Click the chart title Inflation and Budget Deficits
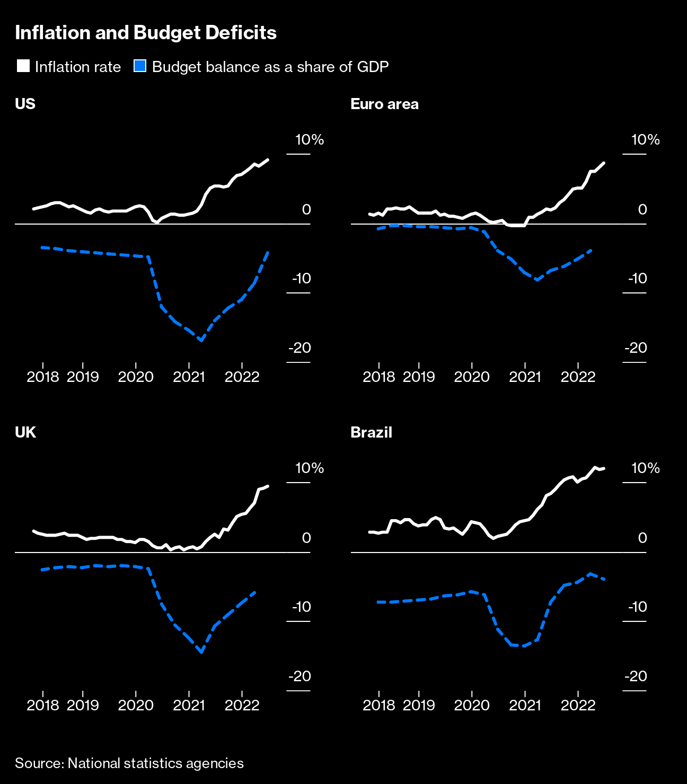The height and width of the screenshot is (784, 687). coord(146,33)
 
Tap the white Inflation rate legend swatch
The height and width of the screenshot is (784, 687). coord(23,66)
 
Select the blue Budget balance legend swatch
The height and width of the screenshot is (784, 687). coord(140,66)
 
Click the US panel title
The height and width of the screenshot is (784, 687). coord(25,104)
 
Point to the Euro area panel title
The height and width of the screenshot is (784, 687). coord(384,104)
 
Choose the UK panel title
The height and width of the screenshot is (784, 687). coord(25,432)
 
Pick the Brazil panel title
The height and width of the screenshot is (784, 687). coord(371,432)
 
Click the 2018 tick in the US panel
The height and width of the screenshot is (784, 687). coord(43,377)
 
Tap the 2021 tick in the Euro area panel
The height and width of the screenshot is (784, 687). coord(525,377)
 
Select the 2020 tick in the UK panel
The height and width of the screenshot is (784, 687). coord(136,705)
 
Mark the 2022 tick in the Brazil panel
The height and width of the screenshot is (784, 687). coord(578,705)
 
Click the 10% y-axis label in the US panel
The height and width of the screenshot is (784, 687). coord(310,140)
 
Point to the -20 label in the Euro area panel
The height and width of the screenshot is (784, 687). coord(636,348)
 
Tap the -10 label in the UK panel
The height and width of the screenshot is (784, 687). coord(301,607)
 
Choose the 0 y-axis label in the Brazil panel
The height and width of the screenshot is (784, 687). coord(642,538)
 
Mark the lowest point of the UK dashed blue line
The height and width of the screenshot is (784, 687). coord(201,652)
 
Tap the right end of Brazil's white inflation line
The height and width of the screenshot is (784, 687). coord(604,468)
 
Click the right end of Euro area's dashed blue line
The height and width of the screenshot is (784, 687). coord(591,250)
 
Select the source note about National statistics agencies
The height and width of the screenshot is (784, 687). coord(129,763)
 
